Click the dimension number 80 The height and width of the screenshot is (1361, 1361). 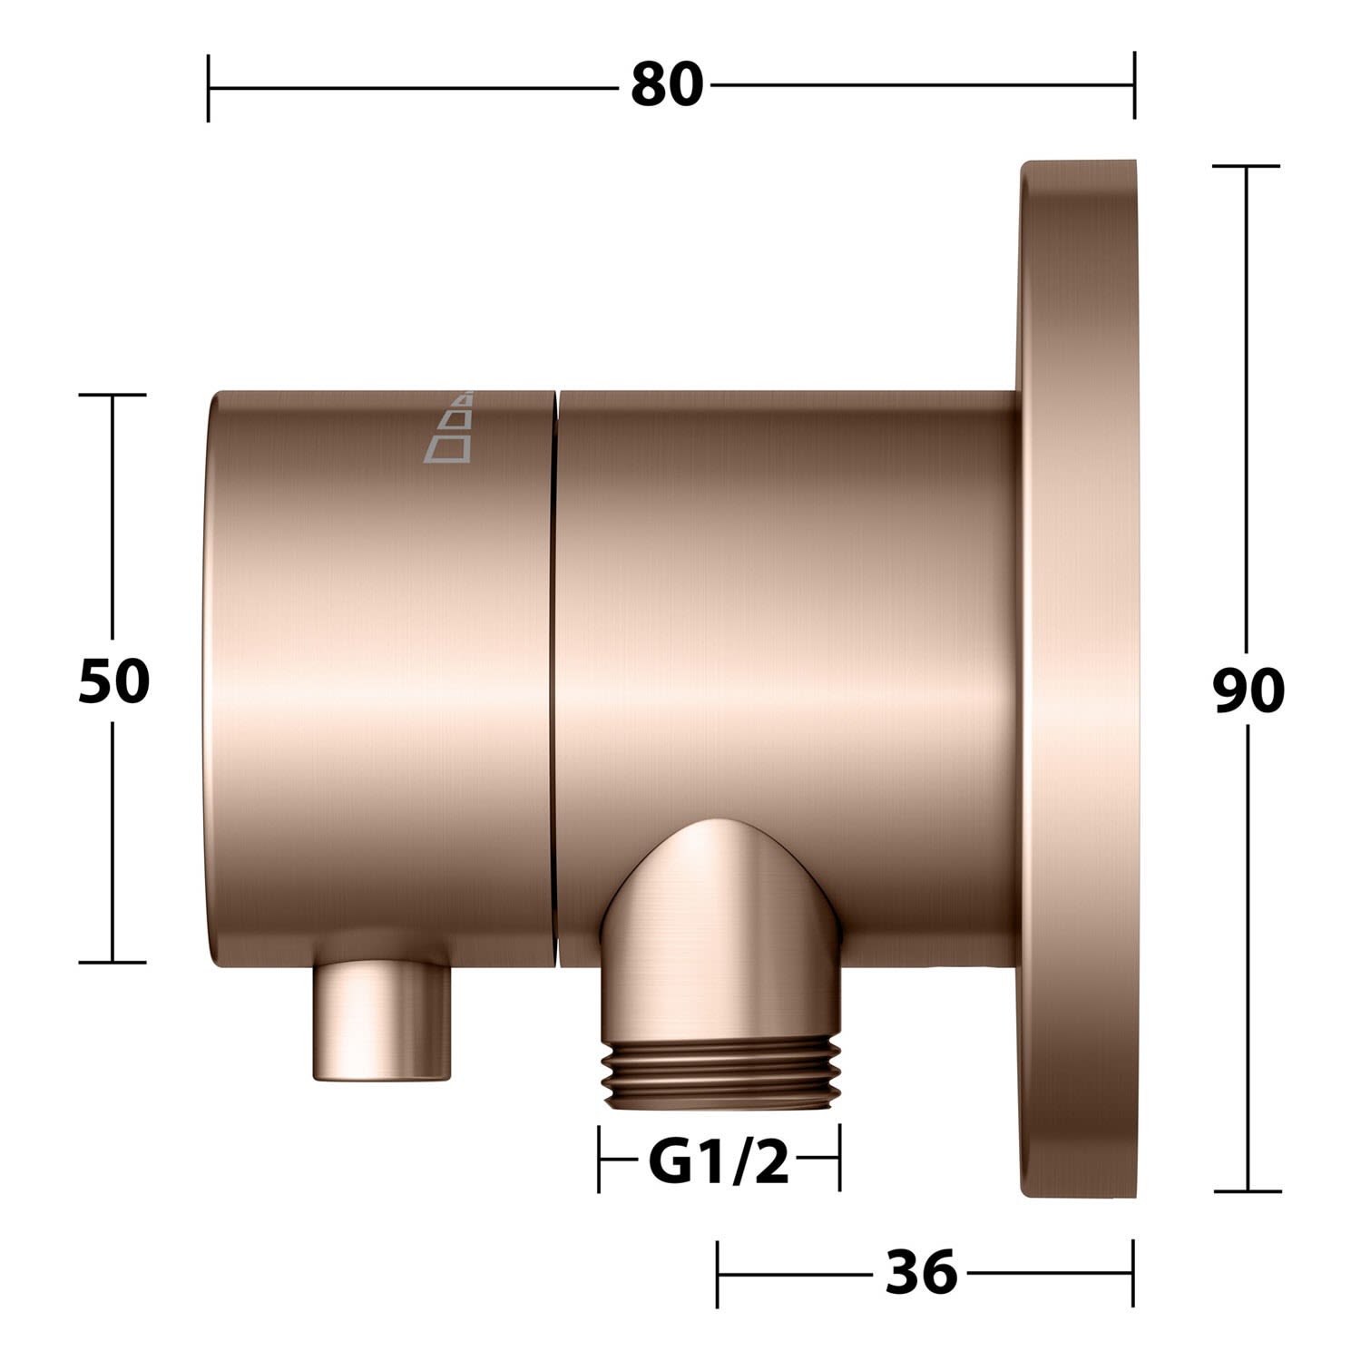[667, 85]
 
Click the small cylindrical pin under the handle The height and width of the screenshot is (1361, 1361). [381, 1022]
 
